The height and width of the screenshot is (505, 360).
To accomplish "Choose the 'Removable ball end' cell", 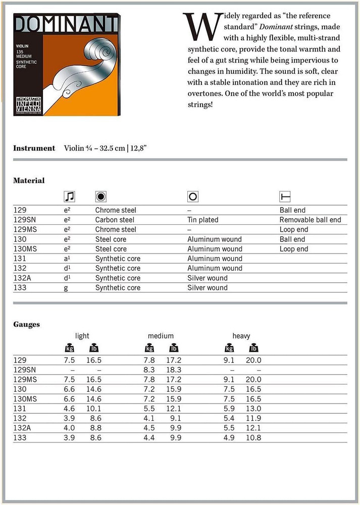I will point(310,220).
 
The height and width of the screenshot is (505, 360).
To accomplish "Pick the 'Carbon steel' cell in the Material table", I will point(115,220).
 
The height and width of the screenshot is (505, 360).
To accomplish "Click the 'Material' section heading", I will point(29,180).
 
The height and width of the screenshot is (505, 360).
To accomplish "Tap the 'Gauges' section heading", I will point(26,324).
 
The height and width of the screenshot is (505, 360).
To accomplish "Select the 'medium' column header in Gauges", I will point(161,336).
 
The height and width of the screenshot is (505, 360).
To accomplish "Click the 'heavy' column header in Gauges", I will point(241,336).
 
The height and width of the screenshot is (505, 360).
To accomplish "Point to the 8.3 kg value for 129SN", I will point(149,370).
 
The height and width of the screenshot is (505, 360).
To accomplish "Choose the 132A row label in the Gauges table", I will point(22,428).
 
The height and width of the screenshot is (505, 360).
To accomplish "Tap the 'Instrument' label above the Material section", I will point(34,148).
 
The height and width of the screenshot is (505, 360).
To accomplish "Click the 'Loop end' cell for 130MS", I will point(293,249).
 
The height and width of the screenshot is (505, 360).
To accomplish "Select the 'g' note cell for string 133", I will point(66,288).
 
